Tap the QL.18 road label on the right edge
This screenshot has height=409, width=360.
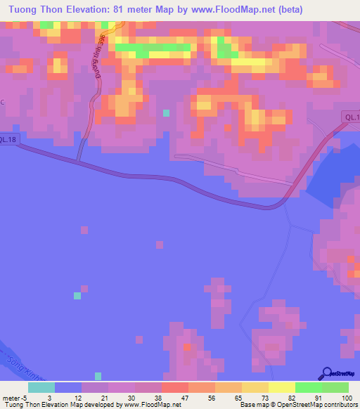pos(352,117)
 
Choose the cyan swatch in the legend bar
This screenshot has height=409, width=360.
pos(41,387)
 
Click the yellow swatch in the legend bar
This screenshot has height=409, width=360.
pos(281,387)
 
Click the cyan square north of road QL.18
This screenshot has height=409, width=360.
pos(167,112)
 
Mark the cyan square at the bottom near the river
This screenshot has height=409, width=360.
pos(98,377)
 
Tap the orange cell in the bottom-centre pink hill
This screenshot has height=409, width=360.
pos(187,347)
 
